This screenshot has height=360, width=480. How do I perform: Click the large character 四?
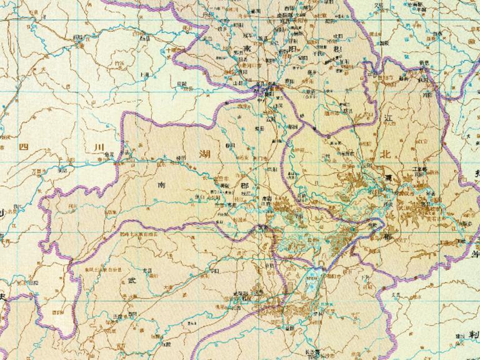tap(24, 147)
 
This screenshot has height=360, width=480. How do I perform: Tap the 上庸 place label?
tap(144, 74)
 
